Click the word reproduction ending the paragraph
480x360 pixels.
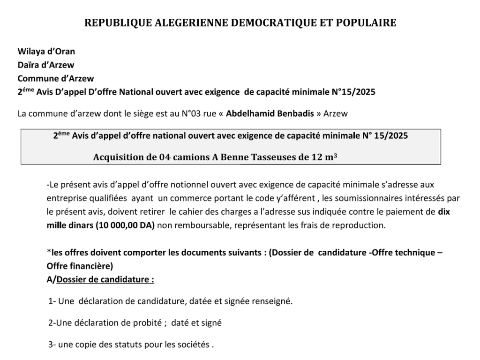[x=362, y=225]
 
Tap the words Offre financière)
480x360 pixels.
[x=80, y=266]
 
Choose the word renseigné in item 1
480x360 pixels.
[x=272, y=301]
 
